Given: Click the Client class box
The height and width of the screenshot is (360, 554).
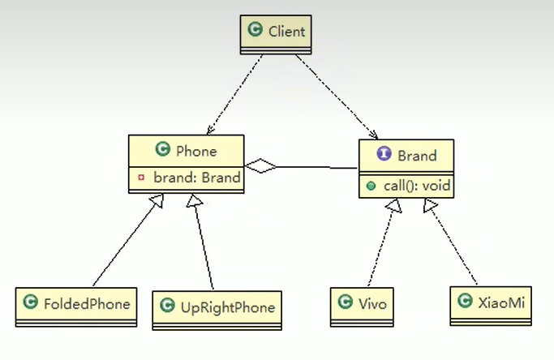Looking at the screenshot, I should (x=277, y=33).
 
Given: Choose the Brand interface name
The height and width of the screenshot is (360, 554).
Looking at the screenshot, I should (x=417, y=156).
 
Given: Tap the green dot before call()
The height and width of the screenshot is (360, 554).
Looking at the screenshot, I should (x=371, y=186).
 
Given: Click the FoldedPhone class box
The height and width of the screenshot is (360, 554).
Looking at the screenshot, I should (x=75, y=305).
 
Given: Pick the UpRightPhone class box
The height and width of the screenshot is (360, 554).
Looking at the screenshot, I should (x=217, y=307).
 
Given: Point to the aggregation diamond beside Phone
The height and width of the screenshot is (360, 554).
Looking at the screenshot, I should (x=261, y=166).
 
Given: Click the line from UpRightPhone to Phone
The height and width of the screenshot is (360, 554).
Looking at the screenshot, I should (x=203, y=247).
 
